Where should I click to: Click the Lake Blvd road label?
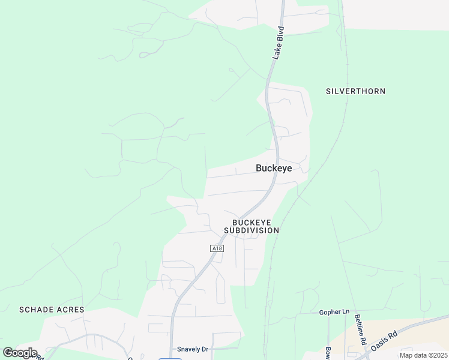tap(278, 43)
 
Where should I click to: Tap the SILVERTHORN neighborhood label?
tap(355, 91)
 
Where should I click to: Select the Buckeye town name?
tap(274, 169)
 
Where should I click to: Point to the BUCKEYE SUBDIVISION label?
tap(252, 226)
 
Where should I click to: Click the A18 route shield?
tap(217, 248)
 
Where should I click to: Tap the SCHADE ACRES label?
tap(52, 310)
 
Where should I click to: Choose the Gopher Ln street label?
tap(334, 312)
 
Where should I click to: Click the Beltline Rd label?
tap(360, 329)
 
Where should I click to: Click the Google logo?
tap(20, 353)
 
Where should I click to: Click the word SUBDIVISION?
tap(252, 230)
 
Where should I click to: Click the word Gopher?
tap(329, 312)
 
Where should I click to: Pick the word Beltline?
tap(359, 325)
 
